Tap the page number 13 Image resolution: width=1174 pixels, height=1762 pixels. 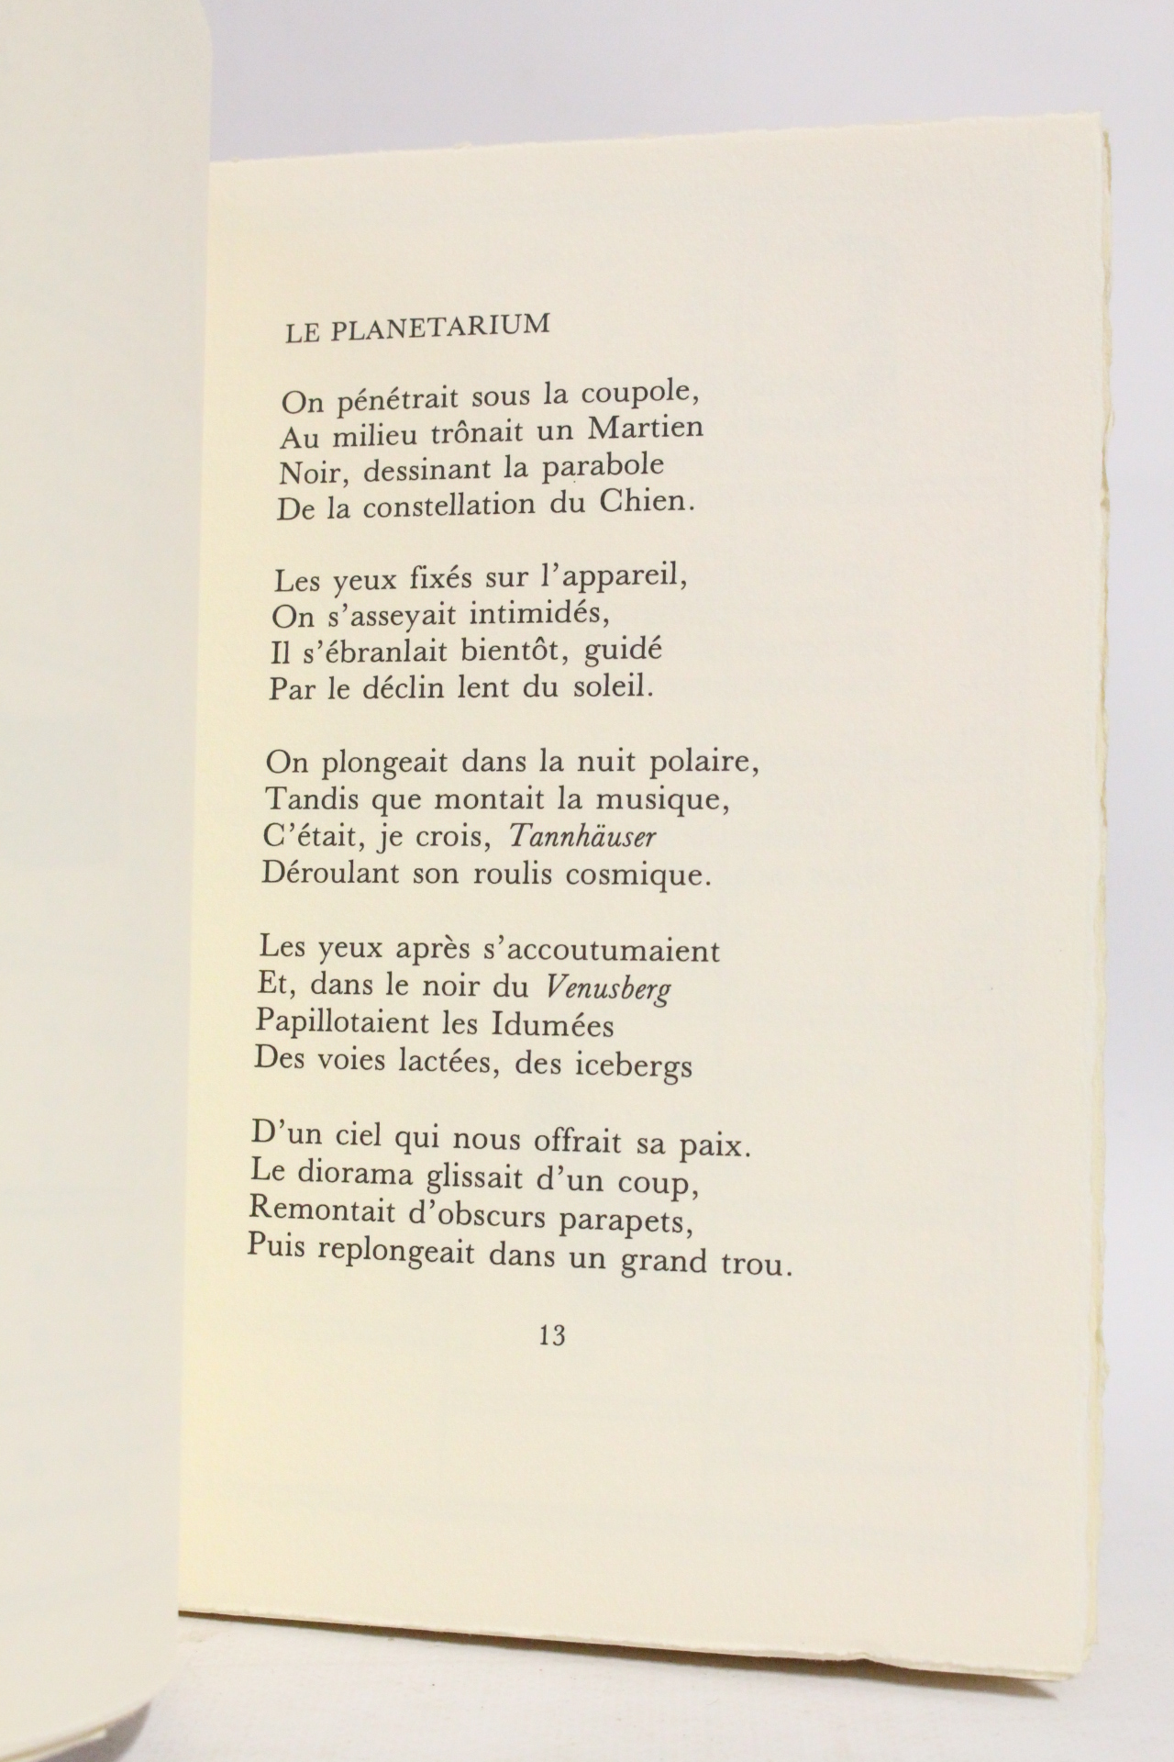pos(552,1334)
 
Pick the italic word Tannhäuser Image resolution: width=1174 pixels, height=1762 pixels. pos(583,836)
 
